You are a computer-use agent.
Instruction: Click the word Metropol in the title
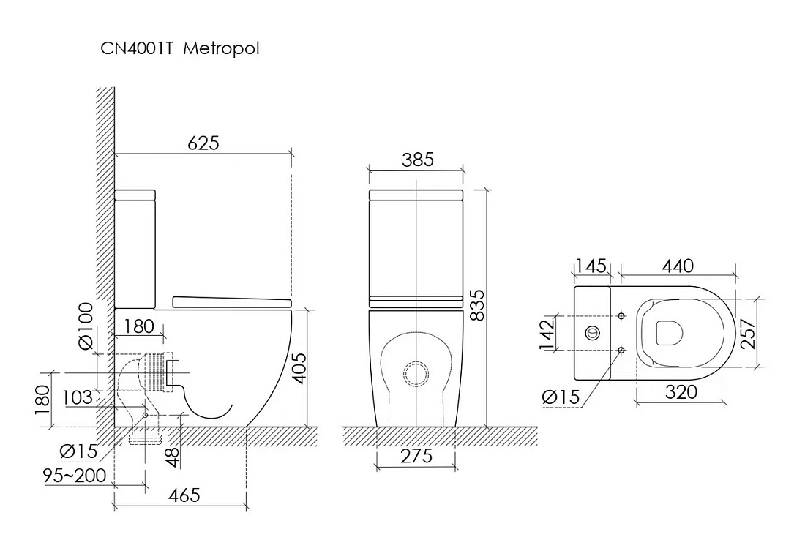coord(221,49)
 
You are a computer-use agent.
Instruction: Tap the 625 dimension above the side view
coord(203,142)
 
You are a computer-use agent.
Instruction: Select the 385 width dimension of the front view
coord(418,160)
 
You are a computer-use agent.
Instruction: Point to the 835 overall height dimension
coord(477,306)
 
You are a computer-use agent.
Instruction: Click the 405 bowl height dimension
coord(299,368)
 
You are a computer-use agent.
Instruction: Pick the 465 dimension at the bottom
coord(184,495)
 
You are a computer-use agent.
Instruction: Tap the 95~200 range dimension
coord(75,476)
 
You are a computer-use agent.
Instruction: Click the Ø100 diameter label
coord(86,326)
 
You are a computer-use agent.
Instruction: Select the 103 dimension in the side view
coord(78,397)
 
